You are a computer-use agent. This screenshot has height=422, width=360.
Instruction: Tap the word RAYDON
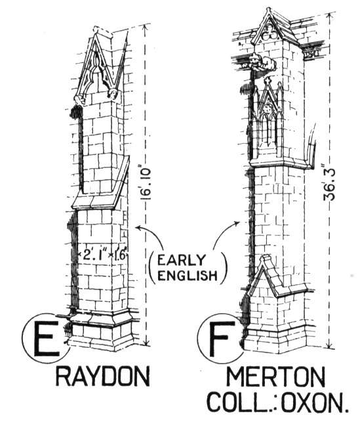(x=103, y=377)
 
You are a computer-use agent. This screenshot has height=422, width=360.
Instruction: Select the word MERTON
(x=275, y=377)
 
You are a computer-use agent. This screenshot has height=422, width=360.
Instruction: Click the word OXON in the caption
(x=314, y=402)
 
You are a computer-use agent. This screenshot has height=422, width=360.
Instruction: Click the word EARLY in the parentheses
(x=181, y=261)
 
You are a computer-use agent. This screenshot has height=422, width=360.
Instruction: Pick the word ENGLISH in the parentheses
(x=187, y=276)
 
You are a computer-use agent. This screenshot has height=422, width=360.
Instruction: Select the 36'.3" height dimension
(x=329, y=184)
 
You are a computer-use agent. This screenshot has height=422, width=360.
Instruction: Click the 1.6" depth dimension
(x=119, y=255)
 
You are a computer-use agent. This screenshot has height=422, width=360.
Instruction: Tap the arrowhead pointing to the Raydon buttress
(x=139, y=228)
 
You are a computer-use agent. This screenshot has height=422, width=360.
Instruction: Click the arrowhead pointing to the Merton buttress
(x=237, y=223)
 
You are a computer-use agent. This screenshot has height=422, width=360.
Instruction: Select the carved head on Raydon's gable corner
(x=113, y=94)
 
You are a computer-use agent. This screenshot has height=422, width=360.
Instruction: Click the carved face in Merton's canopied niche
(x=268, y=108)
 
